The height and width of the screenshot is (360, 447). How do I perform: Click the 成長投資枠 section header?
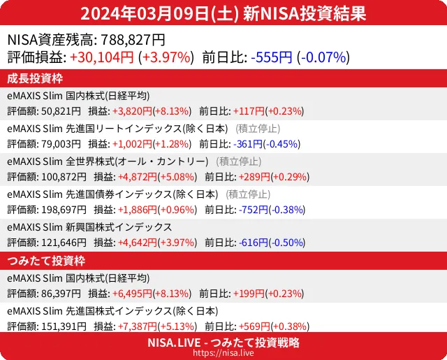pos(35,78)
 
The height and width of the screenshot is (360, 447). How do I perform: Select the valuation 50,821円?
pos(61,111)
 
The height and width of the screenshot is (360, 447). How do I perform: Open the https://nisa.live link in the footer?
pos(223,354)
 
